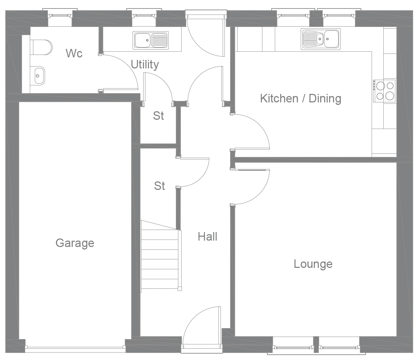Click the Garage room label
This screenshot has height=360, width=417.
75,243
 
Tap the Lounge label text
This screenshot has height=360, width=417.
313,264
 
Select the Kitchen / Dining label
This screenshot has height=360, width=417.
301,98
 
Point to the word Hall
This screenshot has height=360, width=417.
207,236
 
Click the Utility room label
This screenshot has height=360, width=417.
145,64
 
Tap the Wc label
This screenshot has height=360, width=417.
74,54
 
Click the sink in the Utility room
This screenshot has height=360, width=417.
151,40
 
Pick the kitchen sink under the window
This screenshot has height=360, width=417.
321,39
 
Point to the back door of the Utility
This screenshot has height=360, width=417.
206,35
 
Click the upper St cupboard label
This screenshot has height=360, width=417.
159,116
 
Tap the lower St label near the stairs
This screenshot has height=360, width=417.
160,186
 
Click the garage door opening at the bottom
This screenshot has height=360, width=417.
75,349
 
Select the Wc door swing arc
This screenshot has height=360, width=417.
121,71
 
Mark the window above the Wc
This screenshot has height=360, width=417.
60,15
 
